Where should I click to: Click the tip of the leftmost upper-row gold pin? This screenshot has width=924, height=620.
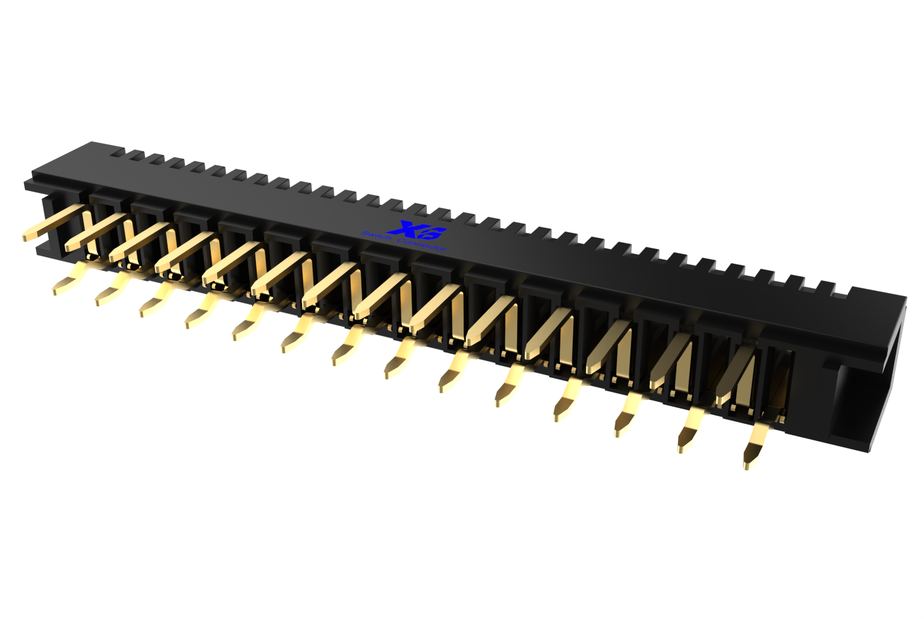pos(27,236)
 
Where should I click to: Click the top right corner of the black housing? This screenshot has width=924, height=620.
pos(904,299)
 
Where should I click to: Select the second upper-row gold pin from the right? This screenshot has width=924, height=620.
pos(670,361)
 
